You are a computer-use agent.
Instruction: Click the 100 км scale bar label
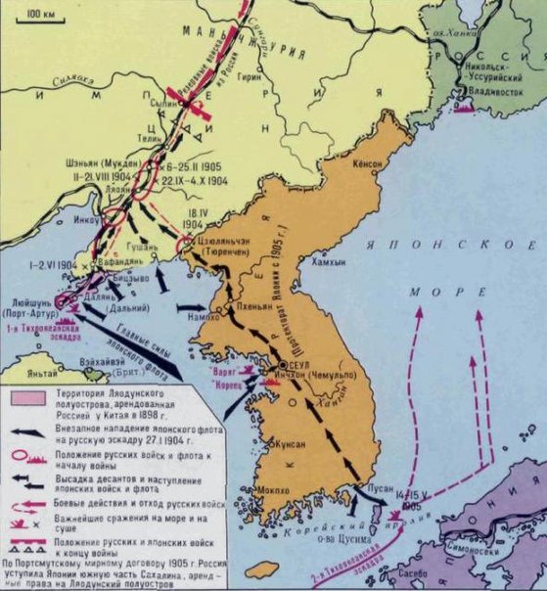[40, 15]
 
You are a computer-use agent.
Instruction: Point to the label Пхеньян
[250, 305]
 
